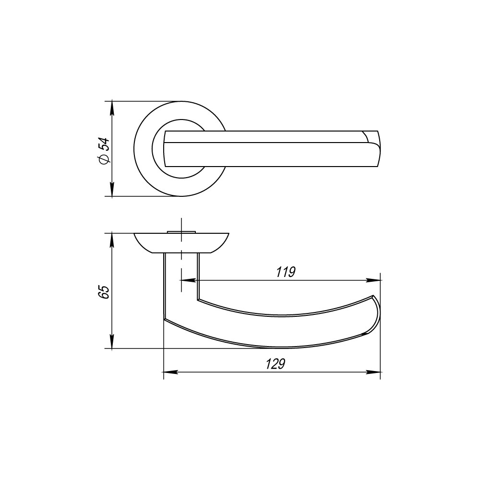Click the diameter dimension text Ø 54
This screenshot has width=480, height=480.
104,151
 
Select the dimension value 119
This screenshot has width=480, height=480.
285,272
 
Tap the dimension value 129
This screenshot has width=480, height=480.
276,364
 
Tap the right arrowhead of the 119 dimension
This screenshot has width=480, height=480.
374,280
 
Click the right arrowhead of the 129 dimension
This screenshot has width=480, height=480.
374,372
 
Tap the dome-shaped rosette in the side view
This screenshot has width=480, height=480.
181,243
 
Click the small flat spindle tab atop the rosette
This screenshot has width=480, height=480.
181,232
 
